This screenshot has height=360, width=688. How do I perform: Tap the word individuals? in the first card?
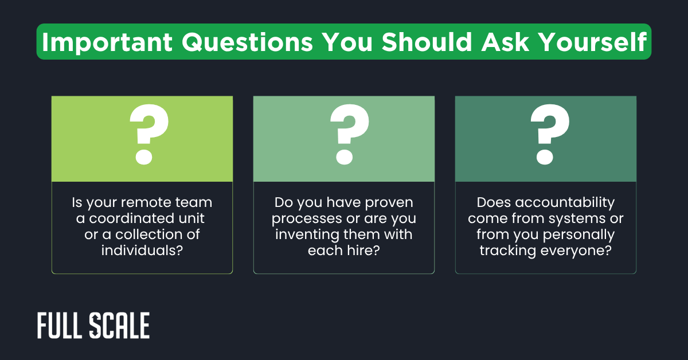click(x=142, y=251)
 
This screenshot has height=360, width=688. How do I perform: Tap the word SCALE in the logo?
click(x=119, y=326)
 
